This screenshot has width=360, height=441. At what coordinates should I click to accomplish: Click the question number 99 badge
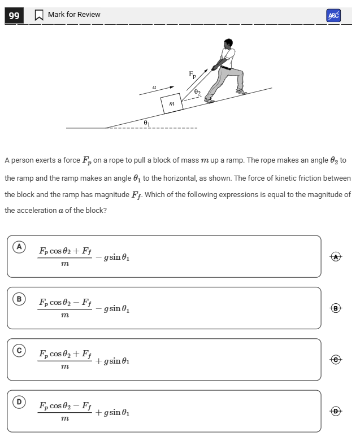click(14, 16)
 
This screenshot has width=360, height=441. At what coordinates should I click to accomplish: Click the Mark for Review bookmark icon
click(39, 15)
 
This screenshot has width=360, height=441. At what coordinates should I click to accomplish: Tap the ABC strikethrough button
click(333, 16)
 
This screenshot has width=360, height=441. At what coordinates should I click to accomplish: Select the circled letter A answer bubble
click(20, 247)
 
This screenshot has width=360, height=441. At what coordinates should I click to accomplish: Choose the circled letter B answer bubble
click(20, 298)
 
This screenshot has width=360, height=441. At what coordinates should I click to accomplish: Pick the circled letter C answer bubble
click(20, 350)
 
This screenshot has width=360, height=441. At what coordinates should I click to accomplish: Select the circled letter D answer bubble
click(20, 401)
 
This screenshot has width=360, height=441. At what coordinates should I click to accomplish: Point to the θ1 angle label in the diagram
click(146, 122)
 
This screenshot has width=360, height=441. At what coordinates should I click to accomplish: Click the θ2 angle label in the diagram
click(197, 91)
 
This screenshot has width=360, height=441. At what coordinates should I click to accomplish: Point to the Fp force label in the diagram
click(193, 74)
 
